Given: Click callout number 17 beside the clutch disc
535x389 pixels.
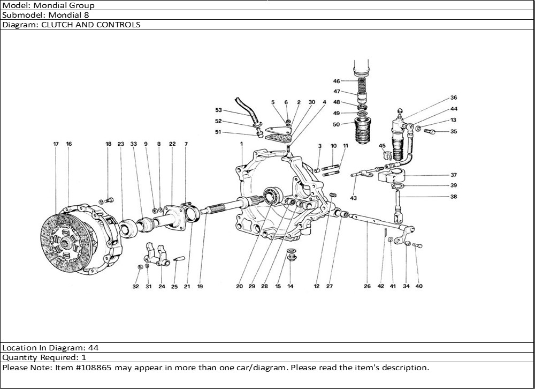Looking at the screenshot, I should click(56, 144).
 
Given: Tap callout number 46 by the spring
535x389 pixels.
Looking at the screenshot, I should click(337, 81).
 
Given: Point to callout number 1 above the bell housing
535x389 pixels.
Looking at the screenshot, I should click(242, 144).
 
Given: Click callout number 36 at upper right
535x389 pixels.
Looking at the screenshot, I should click(454, 98).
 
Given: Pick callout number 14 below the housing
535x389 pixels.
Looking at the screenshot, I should click(291, 286).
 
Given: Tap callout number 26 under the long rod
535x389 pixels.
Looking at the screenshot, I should click(367, 286).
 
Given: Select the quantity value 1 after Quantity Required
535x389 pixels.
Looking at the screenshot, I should click(84, 357).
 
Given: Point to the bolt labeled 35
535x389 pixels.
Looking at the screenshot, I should click(430, 131).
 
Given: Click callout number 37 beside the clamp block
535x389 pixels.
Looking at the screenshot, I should click(454, 175).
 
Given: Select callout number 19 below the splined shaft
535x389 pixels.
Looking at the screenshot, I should click(200, 286).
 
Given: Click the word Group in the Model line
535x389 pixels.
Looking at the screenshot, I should click(83, 5).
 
